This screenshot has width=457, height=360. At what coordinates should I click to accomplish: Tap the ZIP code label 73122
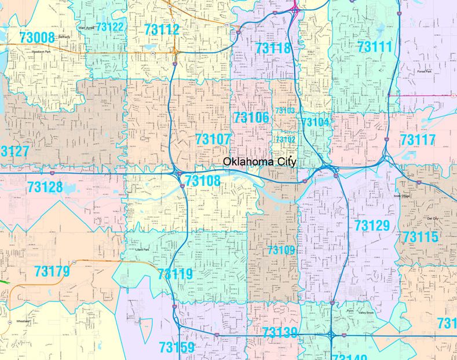110,27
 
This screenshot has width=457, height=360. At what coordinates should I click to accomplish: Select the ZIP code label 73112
162,30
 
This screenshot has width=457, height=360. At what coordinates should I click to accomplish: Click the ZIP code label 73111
375,47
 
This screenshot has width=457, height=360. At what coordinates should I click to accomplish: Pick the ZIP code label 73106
251,118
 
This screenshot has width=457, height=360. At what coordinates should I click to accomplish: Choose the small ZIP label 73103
285,111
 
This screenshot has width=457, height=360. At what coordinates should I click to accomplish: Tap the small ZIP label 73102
285,139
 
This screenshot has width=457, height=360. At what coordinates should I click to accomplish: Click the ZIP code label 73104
316,122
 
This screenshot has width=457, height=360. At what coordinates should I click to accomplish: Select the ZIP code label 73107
213,139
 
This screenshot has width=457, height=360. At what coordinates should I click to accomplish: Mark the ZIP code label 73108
203,181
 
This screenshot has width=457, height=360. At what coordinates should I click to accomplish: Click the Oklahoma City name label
259,161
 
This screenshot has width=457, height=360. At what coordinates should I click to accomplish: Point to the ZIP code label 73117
418,139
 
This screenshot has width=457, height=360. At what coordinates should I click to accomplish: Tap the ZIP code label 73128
45,188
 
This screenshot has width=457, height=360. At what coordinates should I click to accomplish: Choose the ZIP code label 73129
372,225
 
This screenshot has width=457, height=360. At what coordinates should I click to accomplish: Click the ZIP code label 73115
421,237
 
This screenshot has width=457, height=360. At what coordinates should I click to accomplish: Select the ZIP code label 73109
281,250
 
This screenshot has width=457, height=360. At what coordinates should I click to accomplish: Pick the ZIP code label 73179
52,271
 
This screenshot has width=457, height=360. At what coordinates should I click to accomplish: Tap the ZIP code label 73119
175,274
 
